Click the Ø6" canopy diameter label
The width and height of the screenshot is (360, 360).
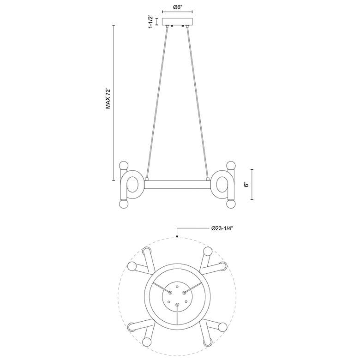coord(177,7)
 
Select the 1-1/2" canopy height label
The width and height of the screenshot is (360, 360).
coord(151,22)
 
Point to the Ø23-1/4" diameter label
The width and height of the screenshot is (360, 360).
coord(222,228)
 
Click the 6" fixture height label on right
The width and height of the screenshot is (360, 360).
coord(246,185)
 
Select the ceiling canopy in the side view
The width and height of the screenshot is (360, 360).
coord(177,22)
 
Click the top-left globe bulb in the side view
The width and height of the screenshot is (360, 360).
coord(124,165)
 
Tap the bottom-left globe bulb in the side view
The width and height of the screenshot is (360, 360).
coord(124,204)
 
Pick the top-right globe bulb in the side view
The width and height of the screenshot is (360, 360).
coord(231,165)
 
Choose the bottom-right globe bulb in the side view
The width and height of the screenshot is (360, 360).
coord(231,204)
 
